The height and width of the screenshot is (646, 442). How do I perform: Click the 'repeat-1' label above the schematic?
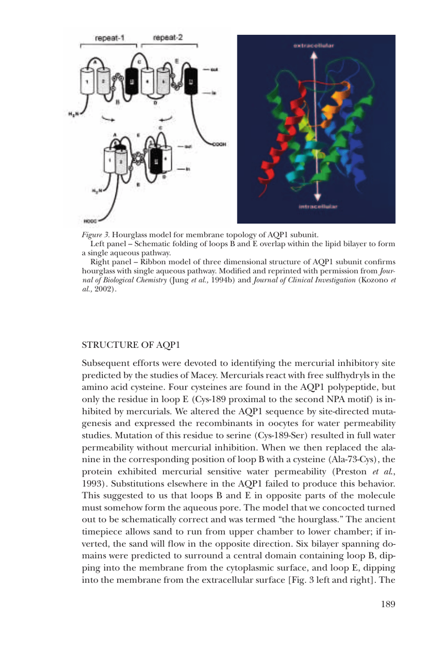point(109,38)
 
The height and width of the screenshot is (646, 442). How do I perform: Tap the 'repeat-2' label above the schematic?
point(167,37)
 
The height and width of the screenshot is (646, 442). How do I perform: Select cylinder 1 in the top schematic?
point(87,81)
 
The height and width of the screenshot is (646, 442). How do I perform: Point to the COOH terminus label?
point(219,144)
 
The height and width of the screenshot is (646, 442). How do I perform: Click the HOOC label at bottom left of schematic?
point(90,222)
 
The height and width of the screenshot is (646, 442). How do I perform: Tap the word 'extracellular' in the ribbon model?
point(314,46)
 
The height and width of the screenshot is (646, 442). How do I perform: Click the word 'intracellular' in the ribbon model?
point(318,206)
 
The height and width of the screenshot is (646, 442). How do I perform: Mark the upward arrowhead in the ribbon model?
point(314,55)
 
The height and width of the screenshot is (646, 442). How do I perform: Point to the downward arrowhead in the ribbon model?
point(317,196)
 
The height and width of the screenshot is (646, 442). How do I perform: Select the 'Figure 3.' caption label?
point(95,235)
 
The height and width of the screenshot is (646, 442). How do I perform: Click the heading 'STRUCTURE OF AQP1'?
point(131,345)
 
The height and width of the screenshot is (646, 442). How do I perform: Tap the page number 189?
point(388,604)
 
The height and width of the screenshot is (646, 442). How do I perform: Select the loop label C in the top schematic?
point(139,62)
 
